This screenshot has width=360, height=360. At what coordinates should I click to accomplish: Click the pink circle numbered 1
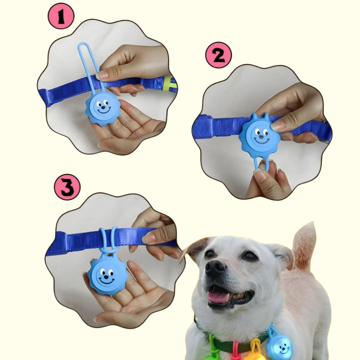pos(61,16)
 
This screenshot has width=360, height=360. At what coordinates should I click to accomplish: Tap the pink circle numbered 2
pos(219,55)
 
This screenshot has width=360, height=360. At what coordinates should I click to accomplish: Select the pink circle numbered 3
pos(67,187)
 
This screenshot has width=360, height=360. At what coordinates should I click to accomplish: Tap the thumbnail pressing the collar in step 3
pos(148,238)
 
